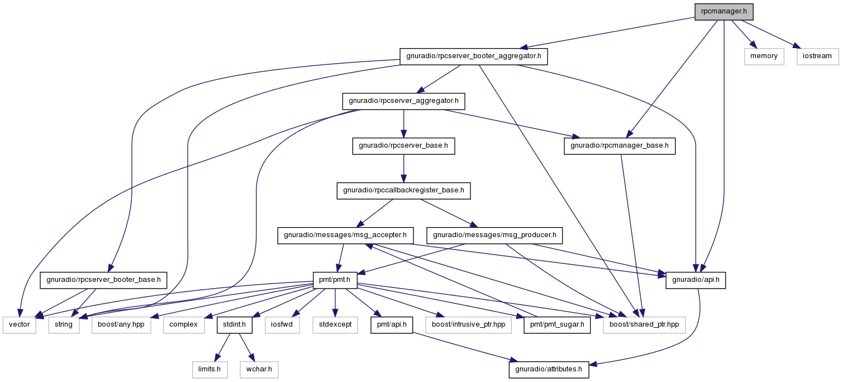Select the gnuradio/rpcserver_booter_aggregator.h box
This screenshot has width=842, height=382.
[473, 56]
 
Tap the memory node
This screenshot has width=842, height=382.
[764, 56]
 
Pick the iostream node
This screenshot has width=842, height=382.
[817, 56]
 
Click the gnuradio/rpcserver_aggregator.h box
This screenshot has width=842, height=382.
[403, 101]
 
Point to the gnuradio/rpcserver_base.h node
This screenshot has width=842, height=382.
[403, 146]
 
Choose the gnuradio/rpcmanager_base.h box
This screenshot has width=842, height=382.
[620, 146]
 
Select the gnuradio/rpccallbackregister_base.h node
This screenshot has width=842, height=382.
[403, 191]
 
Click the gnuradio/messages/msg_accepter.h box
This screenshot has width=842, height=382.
[345, 235]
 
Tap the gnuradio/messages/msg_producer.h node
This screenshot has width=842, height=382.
[494, 235]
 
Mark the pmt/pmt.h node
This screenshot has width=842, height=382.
[335, 280]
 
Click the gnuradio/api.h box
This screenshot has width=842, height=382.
[696, 280]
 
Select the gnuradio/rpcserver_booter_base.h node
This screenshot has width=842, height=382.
[103, 280]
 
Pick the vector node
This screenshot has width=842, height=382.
[19, 325]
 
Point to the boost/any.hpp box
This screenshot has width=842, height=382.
[121, 325]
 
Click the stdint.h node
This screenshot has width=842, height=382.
[234, 325]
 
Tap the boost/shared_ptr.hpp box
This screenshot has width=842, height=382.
[644, 325]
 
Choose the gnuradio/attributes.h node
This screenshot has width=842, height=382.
[549, 370]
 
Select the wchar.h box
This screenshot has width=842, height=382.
[259, 370]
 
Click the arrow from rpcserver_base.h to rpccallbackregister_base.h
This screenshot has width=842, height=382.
[404, 168]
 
